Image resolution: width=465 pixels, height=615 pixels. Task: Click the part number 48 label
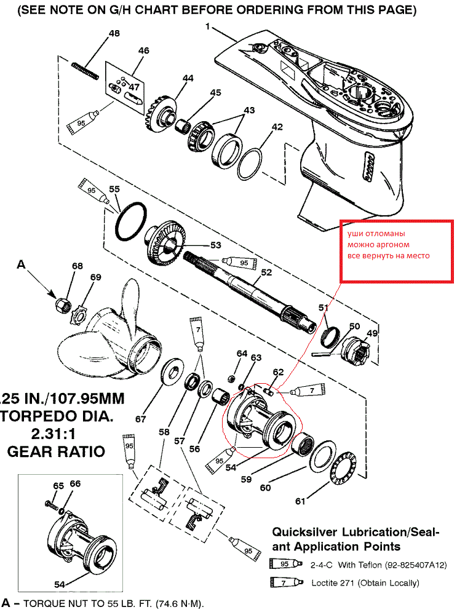click(114, 34)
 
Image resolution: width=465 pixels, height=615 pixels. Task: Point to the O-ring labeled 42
click(252, 161)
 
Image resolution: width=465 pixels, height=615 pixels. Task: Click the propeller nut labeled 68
click(62, 303)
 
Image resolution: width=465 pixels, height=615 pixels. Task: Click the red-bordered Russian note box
click(396, 251)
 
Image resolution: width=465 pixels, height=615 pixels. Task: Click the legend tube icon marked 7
click(287, 581)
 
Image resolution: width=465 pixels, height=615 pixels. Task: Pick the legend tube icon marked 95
click(287, 564)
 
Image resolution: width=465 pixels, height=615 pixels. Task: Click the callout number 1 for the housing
click(208, 27)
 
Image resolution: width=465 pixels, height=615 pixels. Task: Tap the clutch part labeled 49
click(357, 351)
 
